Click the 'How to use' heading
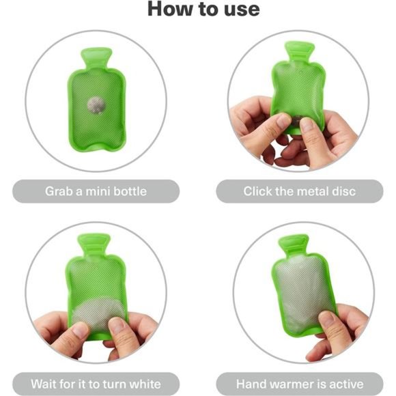click(203, 9)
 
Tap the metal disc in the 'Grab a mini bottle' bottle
click(96, 105)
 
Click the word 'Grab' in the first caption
click(59, 191)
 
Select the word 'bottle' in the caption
click(130, 191)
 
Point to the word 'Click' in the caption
click(258, 191)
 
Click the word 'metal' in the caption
click(313, 191)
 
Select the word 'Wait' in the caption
click(42, 384)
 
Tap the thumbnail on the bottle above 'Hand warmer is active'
click(326, 319)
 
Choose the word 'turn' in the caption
click(114, 384)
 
